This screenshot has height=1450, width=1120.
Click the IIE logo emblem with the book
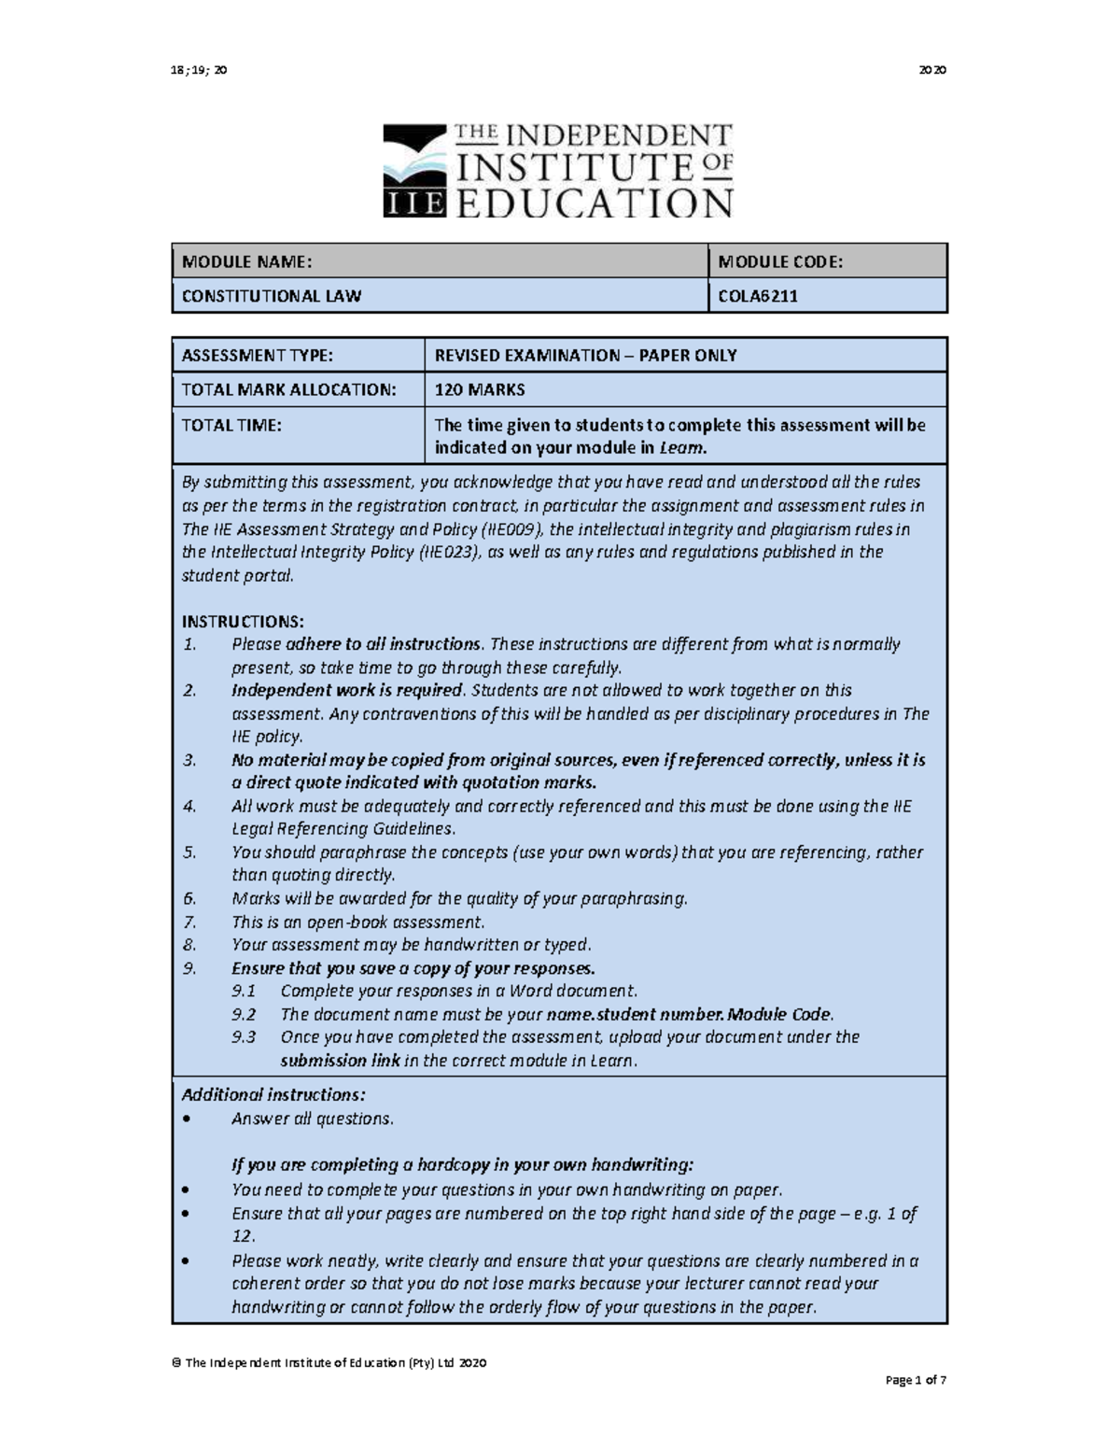point(415,172)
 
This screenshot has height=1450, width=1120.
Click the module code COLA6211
point(757,296)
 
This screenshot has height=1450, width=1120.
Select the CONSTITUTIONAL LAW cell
point(272,296)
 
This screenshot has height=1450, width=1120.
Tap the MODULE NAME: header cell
point(246,262)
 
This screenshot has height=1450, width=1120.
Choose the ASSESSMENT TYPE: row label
point(257,355)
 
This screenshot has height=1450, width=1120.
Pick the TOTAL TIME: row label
point(231,425)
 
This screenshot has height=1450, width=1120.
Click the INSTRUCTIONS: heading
point(243,622)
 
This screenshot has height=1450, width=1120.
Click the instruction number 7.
point(189,922)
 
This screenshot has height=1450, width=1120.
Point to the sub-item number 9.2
point(244,1014)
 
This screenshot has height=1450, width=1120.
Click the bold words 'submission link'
point(340,1061)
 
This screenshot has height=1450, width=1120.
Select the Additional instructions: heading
point(273,1094)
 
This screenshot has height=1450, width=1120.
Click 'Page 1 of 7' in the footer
point(916,1380)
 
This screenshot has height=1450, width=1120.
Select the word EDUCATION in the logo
point(594,203)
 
